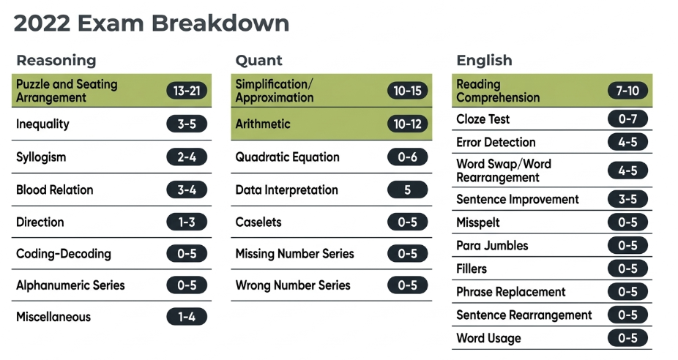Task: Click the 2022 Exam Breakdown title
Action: coord(152,23)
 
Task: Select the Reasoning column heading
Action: coord(56,60)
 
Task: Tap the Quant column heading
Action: coord(258,60)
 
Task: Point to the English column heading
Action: coord(484,60)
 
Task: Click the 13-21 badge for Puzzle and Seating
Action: coord(187,91)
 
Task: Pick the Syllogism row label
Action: coord(41,157)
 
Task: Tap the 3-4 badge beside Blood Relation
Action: coord(187,190)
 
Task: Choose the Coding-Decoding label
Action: coord(64,254)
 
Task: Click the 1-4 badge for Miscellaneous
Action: coord(187,317)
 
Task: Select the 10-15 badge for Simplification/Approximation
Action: coord(407,91)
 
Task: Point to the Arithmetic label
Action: coord(263,124)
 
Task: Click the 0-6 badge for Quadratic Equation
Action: coord(407,157)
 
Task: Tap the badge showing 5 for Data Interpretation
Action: coord(407,190)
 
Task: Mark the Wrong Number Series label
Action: coord(293,285)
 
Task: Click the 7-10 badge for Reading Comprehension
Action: coord(627,91)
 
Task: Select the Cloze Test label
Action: coord(483,119)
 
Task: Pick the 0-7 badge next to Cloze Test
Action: coord(627,119)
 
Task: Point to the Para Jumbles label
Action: coord(492,245)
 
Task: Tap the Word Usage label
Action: coord(488,338)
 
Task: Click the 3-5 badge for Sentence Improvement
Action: coord(627,199)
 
